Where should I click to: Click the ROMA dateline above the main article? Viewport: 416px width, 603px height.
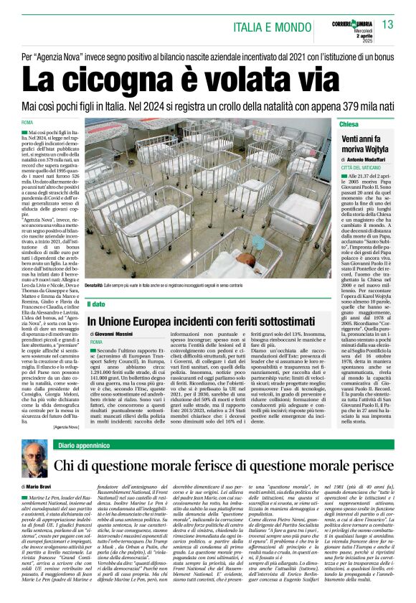click(x=28, y=123)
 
